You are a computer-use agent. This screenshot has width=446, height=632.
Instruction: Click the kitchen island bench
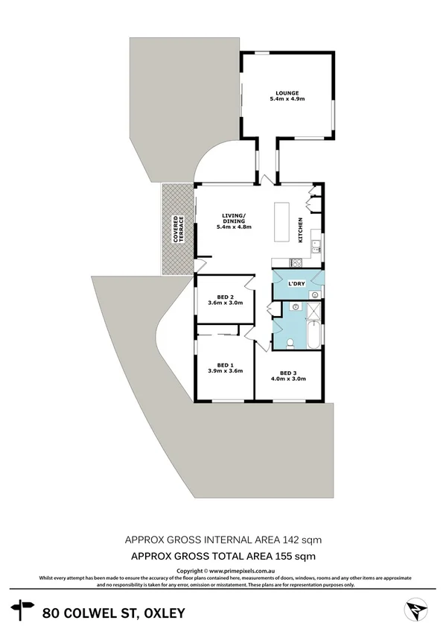point(283,221)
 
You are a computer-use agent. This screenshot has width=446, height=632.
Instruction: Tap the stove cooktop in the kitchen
point(296,262)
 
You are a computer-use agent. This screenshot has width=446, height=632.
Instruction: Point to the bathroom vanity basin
point(296,306)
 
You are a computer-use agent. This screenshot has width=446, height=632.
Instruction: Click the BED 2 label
point(216,297)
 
